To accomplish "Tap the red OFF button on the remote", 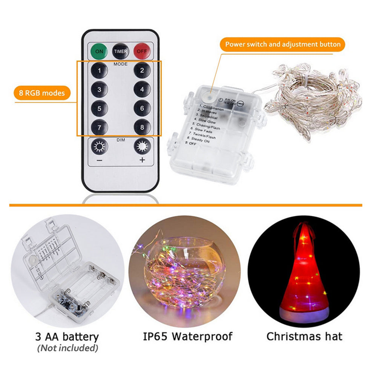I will pyautogui.click(x=142, y=51).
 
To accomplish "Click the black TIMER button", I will pyautogui.click(x=121, y=51).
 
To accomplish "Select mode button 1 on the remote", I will pyautogui.click(x=99, y=70).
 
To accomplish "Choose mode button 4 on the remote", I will pyautogui.click(x=142, y=90).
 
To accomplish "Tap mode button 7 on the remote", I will pyautogui.click(x=99, y=127).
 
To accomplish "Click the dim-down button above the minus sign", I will pyautogui.click(x=99, y=146).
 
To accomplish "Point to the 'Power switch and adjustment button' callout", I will pyautogui.click(x=282, y=44).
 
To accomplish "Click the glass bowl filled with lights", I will pyautogui.click(x=185, y=272).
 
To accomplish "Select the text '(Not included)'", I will pyautogui.click(x=67, y=348).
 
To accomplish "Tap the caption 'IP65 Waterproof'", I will pyautogui.click(x=187, y=336).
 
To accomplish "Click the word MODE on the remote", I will pyautogui.click(x=120, y=64).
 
